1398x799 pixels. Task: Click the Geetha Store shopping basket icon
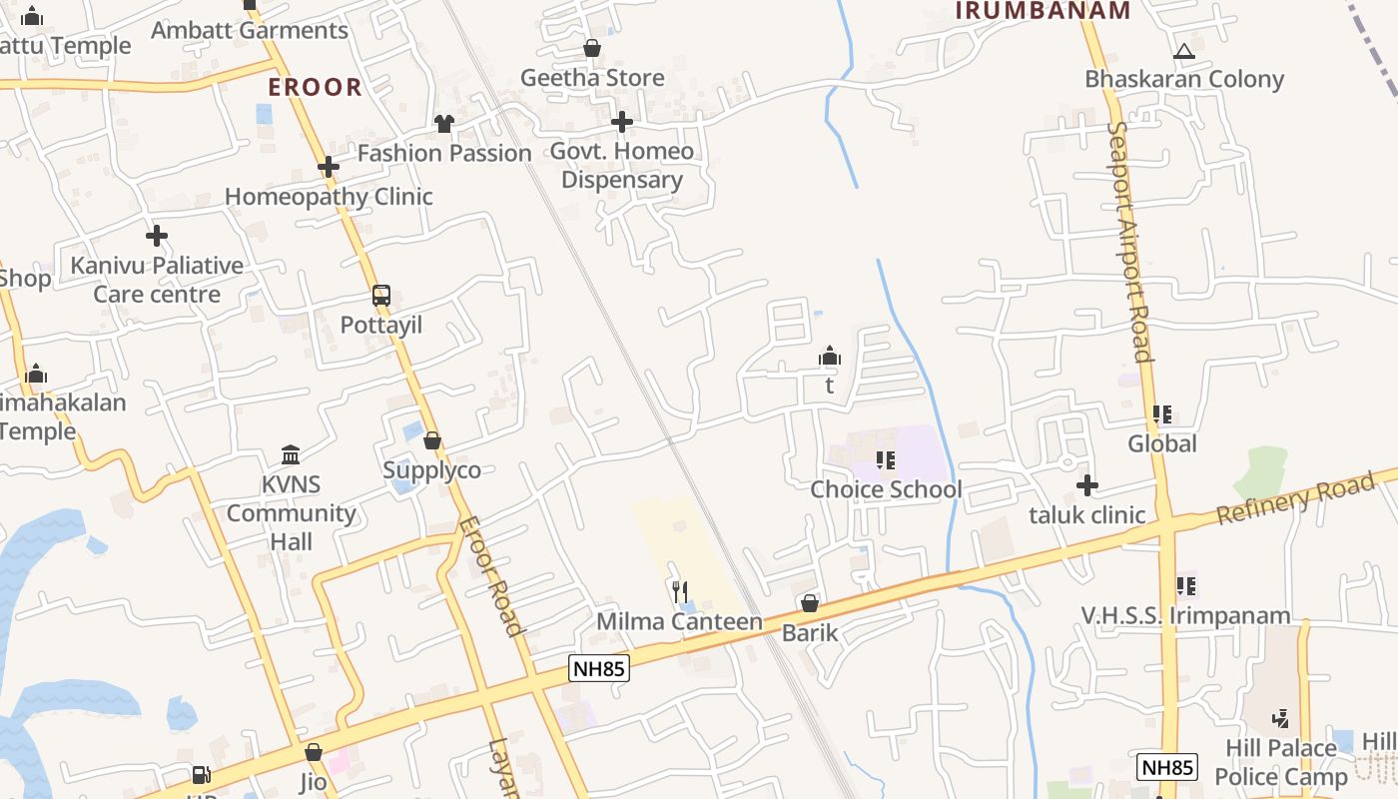[592, 48]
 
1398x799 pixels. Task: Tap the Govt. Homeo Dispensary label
[622, 166]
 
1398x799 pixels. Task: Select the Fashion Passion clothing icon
[444, 124]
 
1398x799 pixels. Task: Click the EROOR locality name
[315, 87]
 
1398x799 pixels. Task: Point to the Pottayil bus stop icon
[381, 296]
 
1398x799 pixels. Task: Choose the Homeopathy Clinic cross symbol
[329, 167]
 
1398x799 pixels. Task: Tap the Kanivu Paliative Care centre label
[157, 280]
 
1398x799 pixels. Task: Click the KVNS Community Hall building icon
[291, 455]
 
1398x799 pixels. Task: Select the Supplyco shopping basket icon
[432, 440]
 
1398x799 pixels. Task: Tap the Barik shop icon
[810, 603]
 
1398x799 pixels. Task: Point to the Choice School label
[886, 489]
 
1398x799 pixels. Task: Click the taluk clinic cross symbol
[1087, 486]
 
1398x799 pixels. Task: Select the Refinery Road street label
[1295, 500]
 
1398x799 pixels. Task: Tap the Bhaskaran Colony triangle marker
[1184, 51]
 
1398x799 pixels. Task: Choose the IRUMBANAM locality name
[1043, 11]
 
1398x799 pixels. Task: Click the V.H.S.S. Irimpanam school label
[1186, 615]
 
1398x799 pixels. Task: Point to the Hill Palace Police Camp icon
[1280, 718]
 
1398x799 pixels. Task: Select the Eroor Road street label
[491, 576]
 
